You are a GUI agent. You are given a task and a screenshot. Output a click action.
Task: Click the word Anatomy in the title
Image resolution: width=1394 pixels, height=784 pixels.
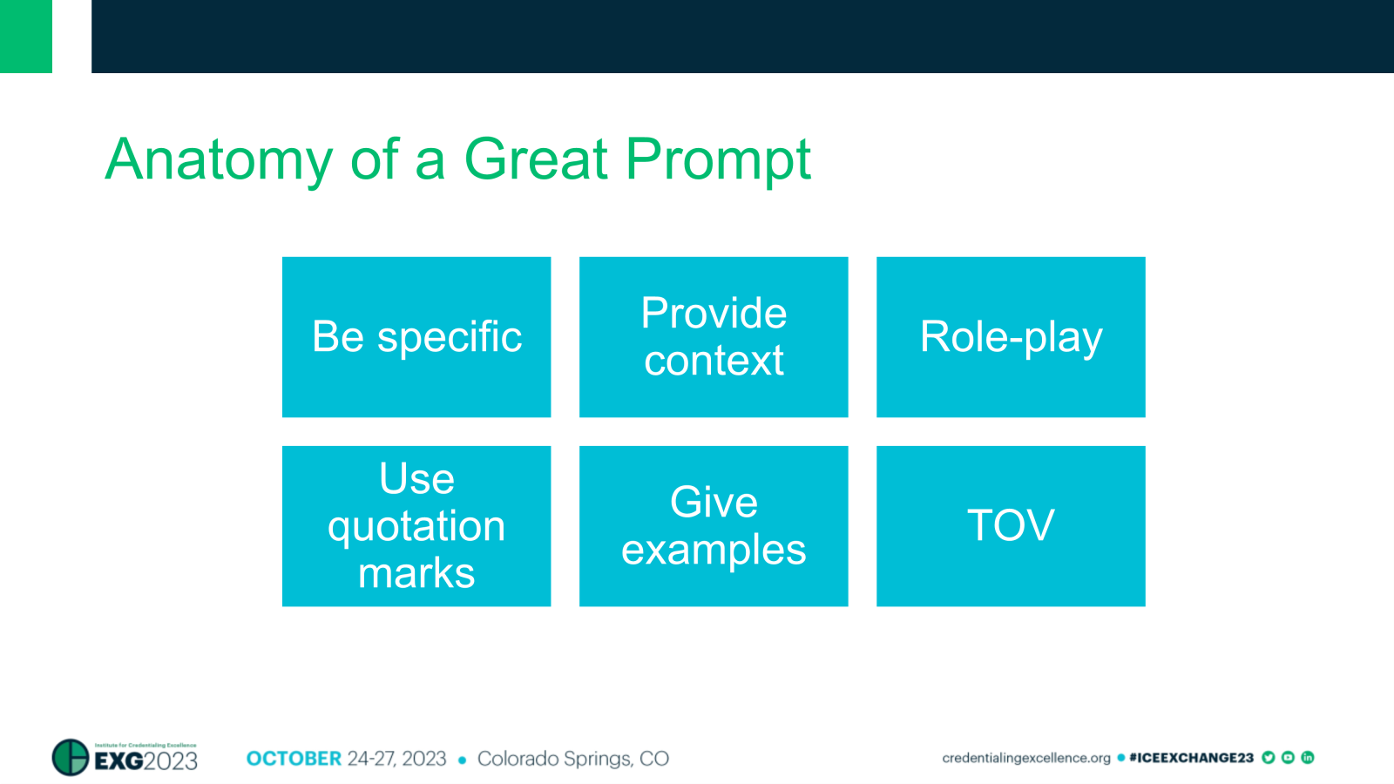click(x=219, y=160)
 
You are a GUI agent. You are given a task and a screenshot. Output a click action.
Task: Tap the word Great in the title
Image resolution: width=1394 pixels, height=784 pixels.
click(x=535, y=160)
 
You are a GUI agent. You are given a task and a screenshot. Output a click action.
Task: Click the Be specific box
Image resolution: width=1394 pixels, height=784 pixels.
click(x=416, y=337)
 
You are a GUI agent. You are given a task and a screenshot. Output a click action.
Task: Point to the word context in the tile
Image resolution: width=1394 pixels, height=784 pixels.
click(x=714, y=361)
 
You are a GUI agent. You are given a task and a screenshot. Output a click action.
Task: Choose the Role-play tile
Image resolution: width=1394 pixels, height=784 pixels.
click(x=1011, y=337)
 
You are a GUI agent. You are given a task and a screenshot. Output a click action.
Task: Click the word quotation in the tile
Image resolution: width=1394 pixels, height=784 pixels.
click(x=416, y=526)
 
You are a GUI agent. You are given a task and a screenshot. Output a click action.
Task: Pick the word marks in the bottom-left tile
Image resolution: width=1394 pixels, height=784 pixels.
click(x=416, y=573)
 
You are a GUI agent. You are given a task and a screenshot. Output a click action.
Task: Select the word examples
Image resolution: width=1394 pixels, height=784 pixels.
click(x=714, y=551)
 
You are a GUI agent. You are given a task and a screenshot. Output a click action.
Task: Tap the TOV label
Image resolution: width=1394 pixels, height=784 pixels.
click(x=1011, y=526)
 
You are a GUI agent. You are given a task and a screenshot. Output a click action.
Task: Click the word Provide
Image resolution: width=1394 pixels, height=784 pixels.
click(x=714, y=314)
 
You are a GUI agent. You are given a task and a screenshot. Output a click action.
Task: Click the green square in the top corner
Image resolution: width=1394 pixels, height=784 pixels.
click(x=26, y=36)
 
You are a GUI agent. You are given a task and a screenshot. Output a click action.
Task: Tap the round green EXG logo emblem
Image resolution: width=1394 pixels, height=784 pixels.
click(x=71, y=757)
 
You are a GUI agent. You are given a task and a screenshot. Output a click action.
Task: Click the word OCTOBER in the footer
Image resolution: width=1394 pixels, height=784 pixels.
click(x=294, y=759)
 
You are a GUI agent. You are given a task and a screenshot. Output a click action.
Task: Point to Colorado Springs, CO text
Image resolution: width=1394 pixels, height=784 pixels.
click(x=572, y=759)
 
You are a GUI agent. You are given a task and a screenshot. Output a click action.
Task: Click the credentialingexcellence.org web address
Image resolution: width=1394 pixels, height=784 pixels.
click(x=1025, y=758)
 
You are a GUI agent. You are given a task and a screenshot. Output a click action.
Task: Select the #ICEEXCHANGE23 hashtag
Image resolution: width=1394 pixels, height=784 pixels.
click(x=1190, y=758)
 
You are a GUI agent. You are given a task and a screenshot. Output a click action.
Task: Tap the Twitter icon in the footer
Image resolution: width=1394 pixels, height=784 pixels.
click(x=1269, y=758)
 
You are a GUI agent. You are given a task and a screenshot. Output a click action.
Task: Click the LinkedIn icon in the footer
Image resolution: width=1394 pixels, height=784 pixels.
click(x=1307, y=758)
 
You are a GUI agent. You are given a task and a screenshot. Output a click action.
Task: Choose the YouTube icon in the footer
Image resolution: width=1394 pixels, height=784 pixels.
click(x=1288, y=758)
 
